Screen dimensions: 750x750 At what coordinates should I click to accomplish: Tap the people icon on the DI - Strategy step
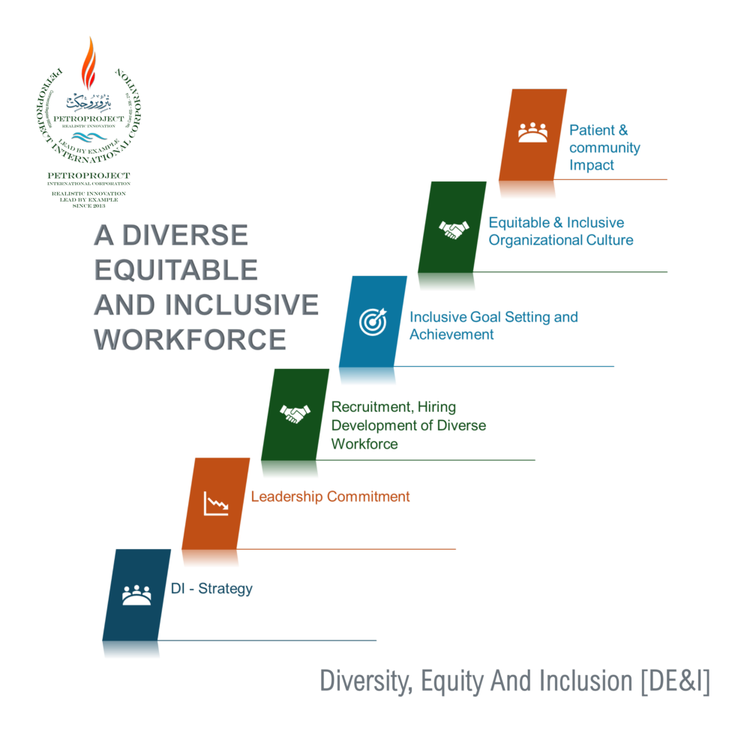(x=136, y=595)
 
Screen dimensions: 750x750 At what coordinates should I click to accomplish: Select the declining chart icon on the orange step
(x=216, y=503)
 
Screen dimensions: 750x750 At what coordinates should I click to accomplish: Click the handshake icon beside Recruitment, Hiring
(x=295, y=413)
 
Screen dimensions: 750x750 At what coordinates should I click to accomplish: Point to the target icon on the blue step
(x=373, y=321)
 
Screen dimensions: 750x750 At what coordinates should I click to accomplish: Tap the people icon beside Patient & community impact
(x=532, y=133)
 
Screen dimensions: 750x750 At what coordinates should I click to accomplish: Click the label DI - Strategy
(x=211, y=589)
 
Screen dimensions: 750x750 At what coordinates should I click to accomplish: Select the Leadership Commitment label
(x=330, y=496)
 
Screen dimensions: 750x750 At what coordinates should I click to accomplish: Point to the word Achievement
(x=451, y=334)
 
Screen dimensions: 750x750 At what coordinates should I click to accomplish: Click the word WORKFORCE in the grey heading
(x=190, y=340)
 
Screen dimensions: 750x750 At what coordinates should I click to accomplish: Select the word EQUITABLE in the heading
(x=175, y=269)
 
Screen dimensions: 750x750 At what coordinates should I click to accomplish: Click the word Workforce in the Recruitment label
(x=364, y=443)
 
